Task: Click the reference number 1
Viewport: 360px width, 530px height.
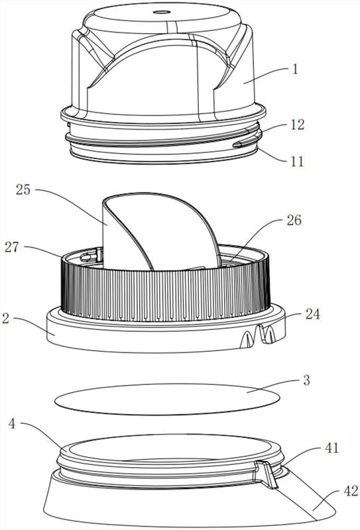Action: point(296,70)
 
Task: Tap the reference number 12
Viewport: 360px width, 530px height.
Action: point(297,125)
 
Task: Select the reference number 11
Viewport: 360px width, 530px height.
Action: point(297,161)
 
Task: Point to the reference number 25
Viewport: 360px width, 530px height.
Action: point(23,189)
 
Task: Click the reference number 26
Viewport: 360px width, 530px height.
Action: point(294,221)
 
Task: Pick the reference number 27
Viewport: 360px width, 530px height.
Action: point(12,247)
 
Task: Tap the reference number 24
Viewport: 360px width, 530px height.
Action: point(312,314)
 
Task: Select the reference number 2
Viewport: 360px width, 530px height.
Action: point(5,319)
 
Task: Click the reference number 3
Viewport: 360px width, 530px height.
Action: point(306,380)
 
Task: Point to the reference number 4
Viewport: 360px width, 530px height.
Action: point(12,423)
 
